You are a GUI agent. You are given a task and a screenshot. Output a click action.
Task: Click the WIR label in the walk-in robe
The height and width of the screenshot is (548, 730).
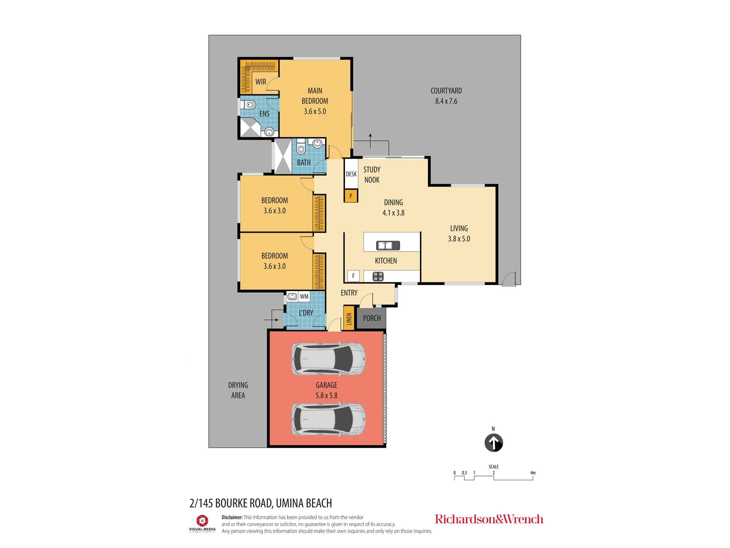(x=261, y=82)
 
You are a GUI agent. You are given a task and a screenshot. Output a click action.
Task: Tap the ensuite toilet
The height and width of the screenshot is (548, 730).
(x=249, y=106)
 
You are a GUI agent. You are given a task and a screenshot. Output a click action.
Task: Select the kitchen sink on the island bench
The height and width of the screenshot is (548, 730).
(x=388, y=246)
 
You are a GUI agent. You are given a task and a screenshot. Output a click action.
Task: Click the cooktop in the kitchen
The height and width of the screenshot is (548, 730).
(x=378, y=277)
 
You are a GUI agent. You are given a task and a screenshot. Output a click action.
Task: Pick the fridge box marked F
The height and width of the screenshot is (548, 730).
(x=353, y=276)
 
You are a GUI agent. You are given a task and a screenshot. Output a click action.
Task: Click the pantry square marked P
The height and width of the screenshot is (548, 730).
(x=351, y=196)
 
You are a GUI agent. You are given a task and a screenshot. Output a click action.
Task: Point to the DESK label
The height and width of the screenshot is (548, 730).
(x=351, y=174)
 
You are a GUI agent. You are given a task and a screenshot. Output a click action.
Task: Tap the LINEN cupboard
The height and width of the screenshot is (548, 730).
(x=349, y=319)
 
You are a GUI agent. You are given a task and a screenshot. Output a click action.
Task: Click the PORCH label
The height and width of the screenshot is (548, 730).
(x=372, y=318)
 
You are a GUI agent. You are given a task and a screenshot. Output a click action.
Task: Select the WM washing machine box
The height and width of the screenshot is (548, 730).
(x=304, y=297)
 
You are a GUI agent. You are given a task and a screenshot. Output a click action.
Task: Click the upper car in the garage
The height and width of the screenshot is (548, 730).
(x=328, y=359)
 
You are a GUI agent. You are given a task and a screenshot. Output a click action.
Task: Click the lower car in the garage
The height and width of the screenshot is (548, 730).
(x=328, y=419)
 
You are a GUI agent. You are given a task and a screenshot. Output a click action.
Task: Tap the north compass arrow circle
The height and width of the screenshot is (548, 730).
(x=493, y=443)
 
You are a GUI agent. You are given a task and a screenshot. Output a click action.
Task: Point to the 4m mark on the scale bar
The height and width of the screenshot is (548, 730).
(x=533, y=473)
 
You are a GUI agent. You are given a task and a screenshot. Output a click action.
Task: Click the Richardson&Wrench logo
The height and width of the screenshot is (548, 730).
(x=489, y=519)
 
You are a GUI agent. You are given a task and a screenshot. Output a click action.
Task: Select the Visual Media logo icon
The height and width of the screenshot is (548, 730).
(x=202, y=520)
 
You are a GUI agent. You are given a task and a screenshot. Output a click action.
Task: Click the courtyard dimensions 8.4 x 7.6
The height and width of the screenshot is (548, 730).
(x=446, y=101)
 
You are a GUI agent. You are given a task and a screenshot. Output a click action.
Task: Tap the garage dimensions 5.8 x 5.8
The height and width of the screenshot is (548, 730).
(x=326, y=395)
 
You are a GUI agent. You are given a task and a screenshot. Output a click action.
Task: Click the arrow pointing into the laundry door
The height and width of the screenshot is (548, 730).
(x=270, y=320)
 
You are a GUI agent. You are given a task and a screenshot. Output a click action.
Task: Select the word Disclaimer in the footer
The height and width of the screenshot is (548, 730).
(x=232, y=517)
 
